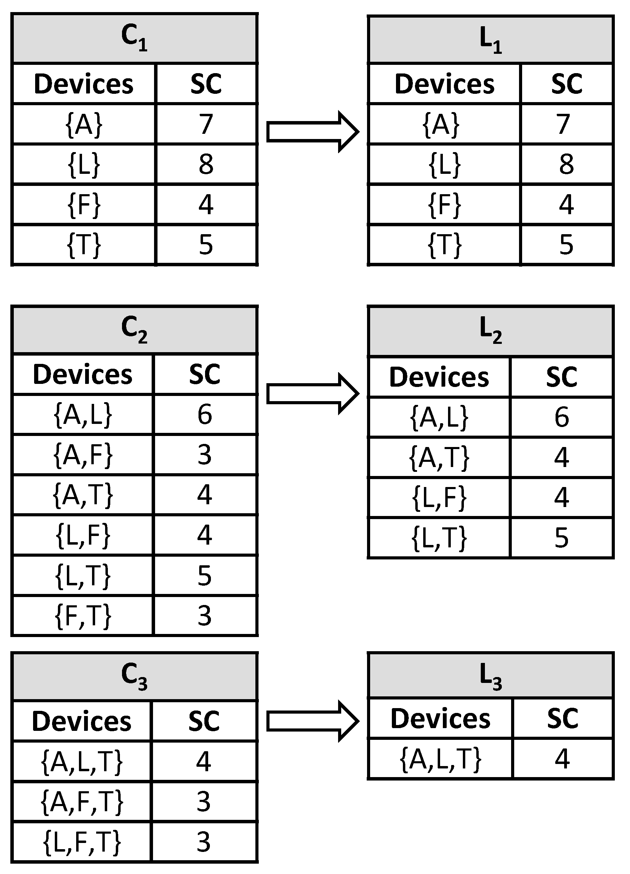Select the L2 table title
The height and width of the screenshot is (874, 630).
[490, 330]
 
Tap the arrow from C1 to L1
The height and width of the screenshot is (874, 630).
[312, 132]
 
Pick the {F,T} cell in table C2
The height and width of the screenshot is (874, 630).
[83, 616]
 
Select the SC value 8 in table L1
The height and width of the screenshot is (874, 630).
[566, 165]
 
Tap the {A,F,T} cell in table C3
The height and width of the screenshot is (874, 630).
[82, 802]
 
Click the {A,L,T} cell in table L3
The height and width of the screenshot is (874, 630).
[440, 759]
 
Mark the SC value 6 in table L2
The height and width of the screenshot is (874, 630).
[561, 417]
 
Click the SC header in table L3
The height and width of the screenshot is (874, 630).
[562, 718]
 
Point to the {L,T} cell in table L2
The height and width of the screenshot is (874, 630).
[439, 538]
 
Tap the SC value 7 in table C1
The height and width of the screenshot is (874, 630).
[206, 124]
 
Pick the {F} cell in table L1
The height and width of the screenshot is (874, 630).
[444, 205]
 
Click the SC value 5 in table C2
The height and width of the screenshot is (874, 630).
[204, 575]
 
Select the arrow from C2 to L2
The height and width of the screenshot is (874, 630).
[312, 394]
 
